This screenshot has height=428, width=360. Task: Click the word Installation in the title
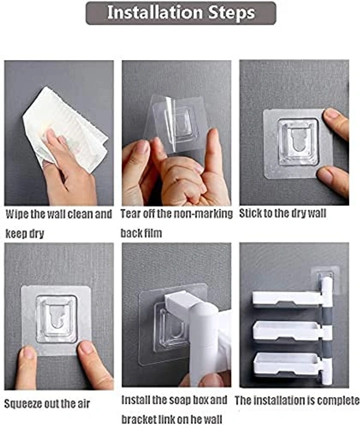click(155, 12)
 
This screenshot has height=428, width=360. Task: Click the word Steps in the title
click(232, 13)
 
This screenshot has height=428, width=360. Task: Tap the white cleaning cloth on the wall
click(67, 128)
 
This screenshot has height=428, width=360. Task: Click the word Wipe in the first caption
click(17, 214)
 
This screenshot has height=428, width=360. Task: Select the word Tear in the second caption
click(131, 214)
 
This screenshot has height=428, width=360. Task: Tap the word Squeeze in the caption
click(24, 404)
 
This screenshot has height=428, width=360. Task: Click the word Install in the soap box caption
click(136, 400)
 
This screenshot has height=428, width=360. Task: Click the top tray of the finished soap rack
click(287, 298)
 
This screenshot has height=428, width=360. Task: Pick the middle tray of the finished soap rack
click(287, 331)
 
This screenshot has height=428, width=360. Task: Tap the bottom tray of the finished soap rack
click(286, 364)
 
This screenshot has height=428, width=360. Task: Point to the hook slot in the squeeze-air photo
click(56, 316)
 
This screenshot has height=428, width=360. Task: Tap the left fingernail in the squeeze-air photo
click(29, 352)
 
